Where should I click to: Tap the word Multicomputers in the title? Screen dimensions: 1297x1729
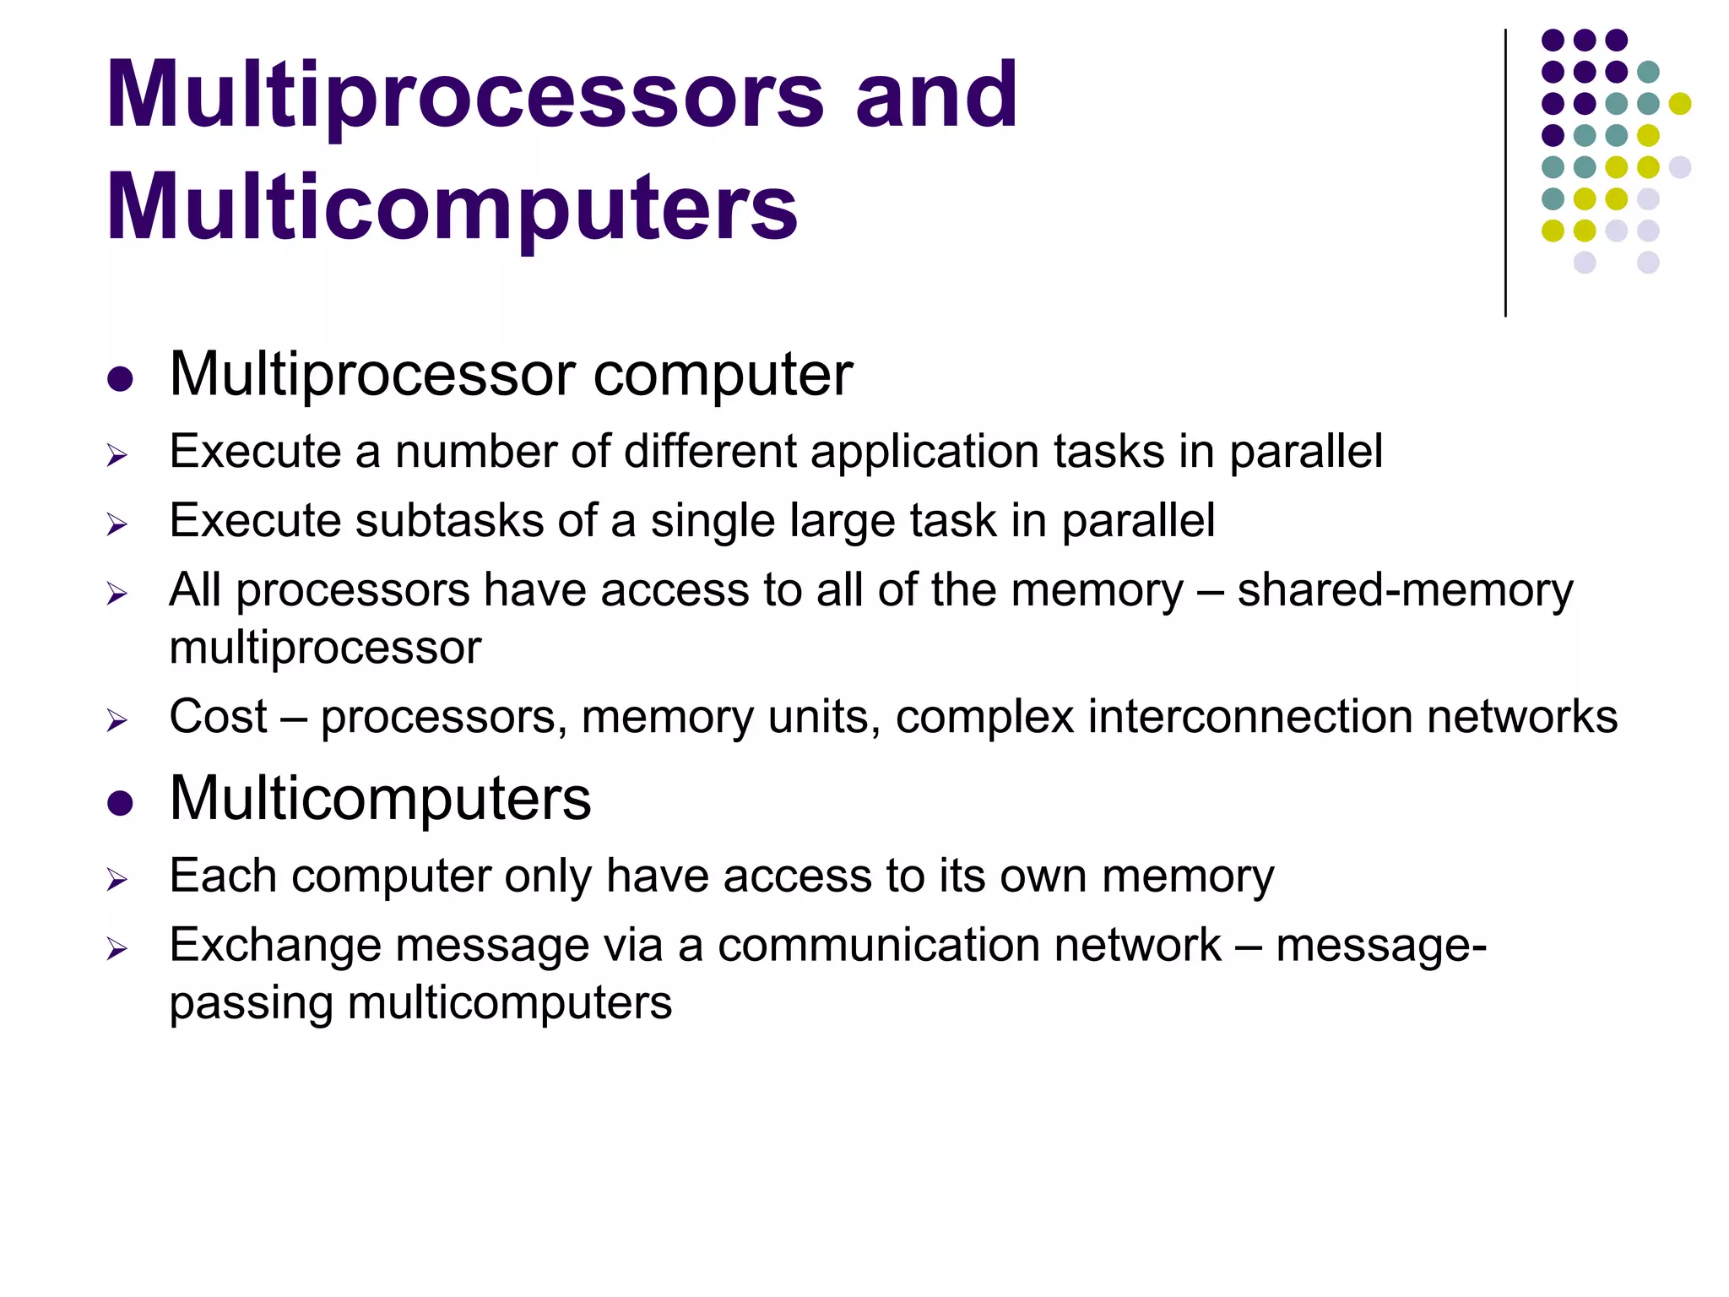452,207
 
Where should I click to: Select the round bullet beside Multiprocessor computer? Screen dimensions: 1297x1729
121,378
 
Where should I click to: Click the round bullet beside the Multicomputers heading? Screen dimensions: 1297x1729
121,802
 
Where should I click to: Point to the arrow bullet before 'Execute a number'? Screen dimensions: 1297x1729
117,456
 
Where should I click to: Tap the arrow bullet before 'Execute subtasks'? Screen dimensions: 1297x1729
117,525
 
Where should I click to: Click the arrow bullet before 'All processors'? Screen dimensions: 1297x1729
117,594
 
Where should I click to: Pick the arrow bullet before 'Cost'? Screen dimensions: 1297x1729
117,721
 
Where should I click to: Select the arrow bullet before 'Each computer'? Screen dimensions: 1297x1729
117,880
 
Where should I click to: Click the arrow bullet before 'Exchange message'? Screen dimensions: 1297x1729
117,949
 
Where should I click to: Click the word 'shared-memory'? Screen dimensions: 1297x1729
1405,589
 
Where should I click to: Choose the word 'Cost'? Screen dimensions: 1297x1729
218,717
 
